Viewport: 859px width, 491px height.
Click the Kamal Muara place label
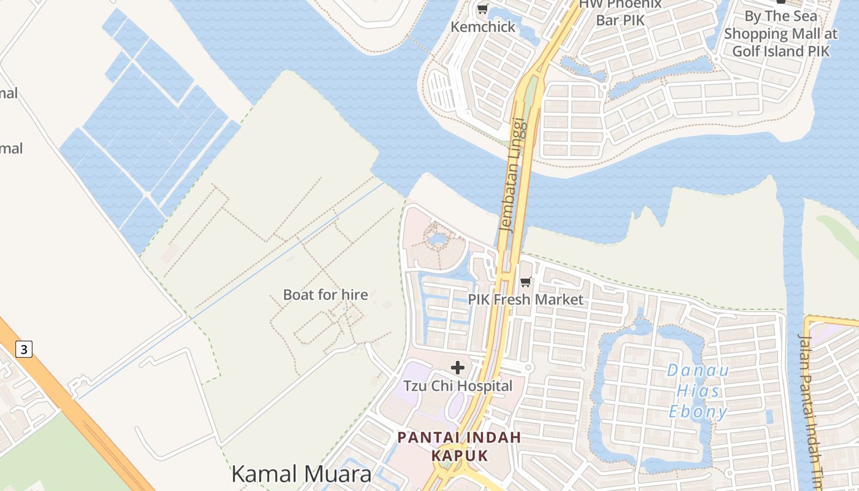(x=301, y=474)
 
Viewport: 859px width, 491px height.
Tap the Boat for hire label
(x=325, y=295)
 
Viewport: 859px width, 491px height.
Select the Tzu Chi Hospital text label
(x=458, y=386)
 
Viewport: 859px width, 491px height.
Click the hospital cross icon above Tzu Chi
(x=458, y=368)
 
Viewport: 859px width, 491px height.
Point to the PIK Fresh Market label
(x=526, y=300)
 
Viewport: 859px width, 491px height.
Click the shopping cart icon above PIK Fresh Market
(x=525, y=282)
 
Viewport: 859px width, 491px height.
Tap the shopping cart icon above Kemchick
(x=482, y=9)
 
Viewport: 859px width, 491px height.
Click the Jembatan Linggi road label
(x=514, y=174)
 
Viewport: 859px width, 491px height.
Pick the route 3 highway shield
(x=23, y=350)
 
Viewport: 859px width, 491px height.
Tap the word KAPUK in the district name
(x=460, y=455)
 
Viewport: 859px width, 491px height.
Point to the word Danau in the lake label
(x=698, y=370)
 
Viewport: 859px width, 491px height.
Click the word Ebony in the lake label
(x=698, y=411)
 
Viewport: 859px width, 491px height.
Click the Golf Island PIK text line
(x=780, y=51)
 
